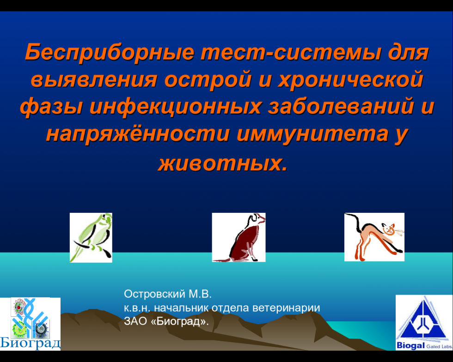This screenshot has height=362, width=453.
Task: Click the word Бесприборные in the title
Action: coord(109,53)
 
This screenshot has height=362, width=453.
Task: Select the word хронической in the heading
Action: coord(350,80)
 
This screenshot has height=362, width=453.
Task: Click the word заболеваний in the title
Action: coord(340,106)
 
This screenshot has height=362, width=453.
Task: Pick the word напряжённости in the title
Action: coord(138,134)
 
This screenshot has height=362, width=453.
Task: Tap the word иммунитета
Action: coord(312,134)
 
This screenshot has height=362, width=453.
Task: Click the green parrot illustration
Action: coord(91,238)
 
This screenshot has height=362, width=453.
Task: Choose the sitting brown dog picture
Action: coord(239,237)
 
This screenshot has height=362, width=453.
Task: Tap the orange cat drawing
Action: coord(374,237)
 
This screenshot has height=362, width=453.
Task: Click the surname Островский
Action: coord(154,294)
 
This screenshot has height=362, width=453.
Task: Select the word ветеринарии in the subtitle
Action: coord(286,308)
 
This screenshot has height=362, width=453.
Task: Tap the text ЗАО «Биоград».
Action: coord(166,321)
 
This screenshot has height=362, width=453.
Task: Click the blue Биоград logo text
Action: coord(31,343)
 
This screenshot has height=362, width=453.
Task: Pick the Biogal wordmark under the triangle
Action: coord(410,345)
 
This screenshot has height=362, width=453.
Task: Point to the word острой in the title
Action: coord(208,80)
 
